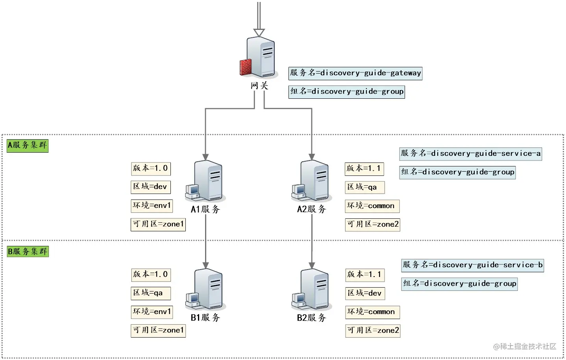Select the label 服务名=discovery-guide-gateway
355,73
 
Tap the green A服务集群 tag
27,146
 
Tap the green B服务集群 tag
27,251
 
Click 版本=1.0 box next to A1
150,169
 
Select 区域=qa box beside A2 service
364,187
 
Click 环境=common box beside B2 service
372,312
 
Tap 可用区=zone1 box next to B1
158,330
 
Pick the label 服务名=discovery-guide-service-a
470,153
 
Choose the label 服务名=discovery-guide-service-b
472,265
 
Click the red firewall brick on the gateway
245,67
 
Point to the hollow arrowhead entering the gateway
259,33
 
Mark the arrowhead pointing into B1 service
205,266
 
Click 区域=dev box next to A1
150,187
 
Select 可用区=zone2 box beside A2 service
372,225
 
